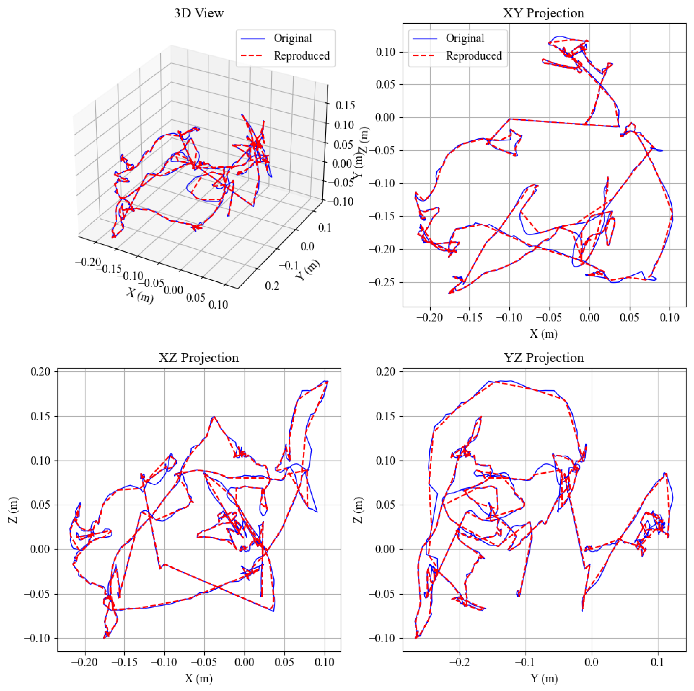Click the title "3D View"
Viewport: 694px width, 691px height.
point(199,13)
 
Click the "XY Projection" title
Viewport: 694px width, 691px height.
point(543,13)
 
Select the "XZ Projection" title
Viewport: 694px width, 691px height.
point(199,358)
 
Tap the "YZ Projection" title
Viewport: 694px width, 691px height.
point(544,358)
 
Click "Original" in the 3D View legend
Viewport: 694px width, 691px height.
point(292,38)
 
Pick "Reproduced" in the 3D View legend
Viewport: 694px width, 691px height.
point(302,56)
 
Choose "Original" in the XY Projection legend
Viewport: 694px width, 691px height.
point(465,38)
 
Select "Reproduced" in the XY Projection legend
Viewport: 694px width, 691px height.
point(473,56)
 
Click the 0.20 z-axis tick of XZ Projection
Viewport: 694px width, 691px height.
point(40,371)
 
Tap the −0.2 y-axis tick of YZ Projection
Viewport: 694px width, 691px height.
point(460,662)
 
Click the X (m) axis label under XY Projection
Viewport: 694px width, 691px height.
point(543,334)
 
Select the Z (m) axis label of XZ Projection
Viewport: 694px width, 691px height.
point(13,510)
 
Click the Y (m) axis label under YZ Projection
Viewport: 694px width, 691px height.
point(544,678)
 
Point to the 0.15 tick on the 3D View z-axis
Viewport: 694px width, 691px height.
point(345,105)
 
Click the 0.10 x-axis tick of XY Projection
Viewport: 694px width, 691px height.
point(669,317)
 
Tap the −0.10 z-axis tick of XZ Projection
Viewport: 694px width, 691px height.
point(38,638)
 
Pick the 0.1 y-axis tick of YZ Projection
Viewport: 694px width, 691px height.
point(658,662)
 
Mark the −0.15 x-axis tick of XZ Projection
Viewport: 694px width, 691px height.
point(125,662)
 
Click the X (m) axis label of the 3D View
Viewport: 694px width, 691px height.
point(140,295)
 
